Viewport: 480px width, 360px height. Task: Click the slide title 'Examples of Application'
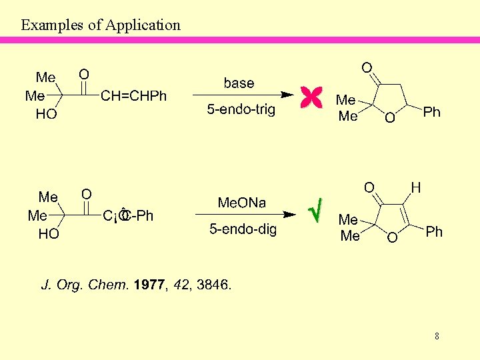[101, 25]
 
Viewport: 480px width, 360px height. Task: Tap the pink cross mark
[311, 97]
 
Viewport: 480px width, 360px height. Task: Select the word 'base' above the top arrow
[239, 83]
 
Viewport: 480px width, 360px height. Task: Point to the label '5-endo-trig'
[241, 109]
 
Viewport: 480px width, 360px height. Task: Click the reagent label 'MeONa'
[242, 203]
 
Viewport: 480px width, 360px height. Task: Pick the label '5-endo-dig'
[243, 229]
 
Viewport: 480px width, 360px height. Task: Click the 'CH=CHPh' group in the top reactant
[133, 97]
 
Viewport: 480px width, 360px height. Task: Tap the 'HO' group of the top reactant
[46, 115]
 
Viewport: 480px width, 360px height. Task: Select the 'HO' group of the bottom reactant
[48, 235]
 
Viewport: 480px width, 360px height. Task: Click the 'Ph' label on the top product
[432, 112]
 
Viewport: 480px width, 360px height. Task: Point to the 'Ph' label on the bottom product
[434, 232]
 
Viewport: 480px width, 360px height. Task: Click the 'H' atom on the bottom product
[415, 189]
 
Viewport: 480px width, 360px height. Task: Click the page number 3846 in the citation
[213, 285]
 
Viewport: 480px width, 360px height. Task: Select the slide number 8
[437, 336]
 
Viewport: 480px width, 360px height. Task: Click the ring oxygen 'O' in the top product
[390, 118]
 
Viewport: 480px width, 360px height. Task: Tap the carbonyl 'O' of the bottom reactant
[87, 193]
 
